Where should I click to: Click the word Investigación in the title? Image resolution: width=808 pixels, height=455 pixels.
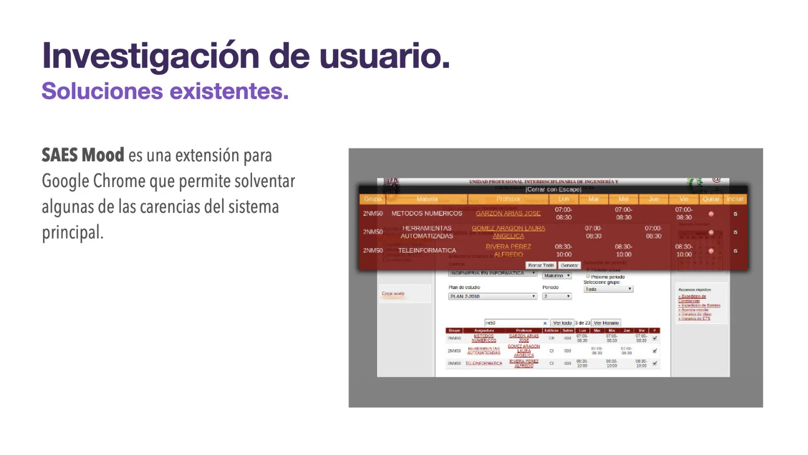(x=151, y=56)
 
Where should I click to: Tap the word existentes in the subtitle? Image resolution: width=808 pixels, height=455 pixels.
(x=229, y=92)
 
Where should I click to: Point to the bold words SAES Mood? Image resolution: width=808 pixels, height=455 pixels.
(x=83, y=155)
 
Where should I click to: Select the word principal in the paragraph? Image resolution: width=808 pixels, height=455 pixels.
(x=72, y=233)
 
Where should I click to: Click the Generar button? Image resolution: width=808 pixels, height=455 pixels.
(x=569, y=265)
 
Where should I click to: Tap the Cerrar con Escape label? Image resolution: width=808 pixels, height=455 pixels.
(x=553, y=190)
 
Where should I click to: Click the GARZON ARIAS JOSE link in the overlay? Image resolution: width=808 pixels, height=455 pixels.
(x=508, y=213)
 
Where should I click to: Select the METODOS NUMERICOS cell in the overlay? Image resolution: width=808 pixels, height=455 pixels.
(x=427, y=213)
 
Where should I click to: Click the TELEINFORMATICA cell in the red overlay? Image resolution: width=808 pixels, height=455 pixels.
(x=427, y=250)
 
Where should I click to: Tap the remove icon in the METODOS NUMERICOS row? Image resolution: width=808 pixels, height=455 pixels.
(x=711, y=214)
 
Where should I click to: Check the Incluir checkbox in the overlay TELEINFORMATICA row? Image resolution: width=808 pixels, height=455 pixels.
(x=735, y=251)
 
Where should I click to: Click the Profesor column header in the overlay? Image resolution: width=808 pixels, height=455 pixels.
(x=508, y=199)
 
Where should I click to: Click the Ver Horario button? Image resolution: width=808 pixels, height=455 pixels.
(x=606, y=323)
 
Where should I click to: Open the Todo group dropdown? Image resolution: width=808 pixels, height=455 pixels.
(x=608, y=289)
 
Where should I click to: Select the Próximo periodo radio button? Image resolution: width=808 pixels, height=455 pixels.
(x=588, y=277)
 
